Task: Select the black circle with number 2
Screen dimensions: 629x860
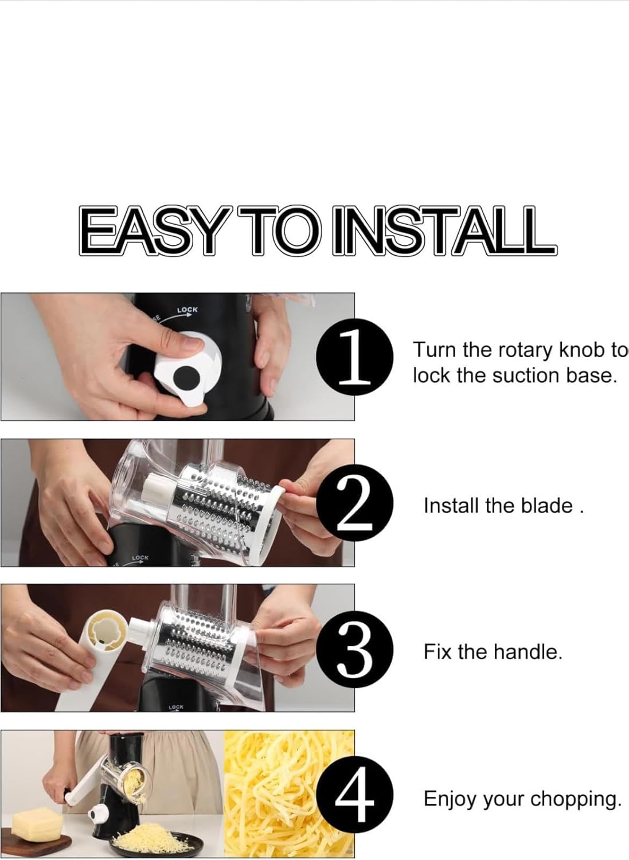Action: point(354,503)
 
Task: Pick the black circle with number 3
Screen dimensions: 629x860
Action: point(354,649)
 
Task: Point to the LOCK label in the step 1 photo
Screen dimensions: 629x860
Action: point(187,310)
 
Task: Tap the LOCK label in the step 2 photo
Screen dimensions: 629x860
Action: point(140,557)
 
